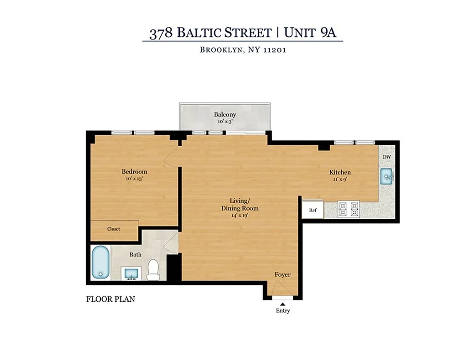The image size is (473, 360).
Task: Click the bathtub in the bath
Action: tap(100, 262)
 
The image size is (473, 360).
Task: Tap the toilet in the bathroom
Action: tap(153, 269)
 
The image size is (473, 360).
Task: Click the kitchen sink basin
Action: tap(387, 176)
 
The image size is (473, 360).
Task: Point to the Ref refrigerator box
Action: tap(313, 210)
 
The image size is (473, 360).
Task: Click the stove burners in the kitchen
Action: tap(350, 208)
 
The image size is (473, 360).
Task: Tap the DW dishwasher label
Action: tap(387, 157)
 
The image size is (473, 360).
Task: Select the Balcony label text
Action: tap(225, 115)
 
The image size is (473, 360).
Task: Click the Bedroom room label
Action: tap(134, 171)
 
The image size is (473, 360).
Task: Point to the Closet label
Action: tap(114, 229)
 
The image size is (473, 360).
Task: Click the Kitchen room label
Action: tap(340, 172)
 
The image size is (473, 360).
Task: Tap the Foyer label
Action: tap(282, 274)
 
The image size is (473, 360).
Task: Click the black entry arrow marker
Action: tap(283, 305)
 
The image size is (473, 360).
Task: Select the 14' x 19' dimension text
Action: tap(239, 215)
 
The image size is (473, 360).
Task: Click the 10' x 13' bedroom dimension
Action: tap(134, 179)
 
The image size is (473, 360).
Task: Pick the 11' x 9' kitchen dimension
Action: tap(340, 180)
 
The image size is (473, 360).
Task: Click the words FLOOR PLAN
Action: tap(110, 299)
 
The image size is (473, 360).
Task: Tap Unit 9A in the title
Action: tap(311, 33)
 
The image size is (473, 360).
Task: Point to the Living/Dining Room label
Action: tap(239, 204)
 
